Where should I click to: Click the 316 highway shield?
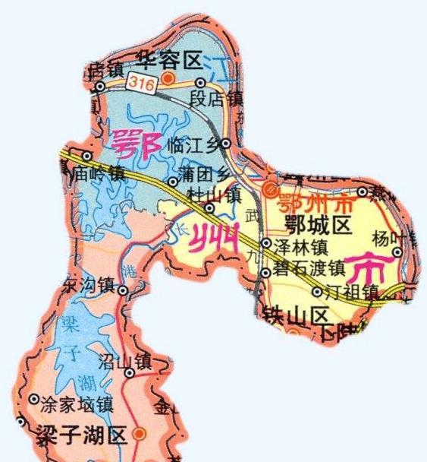click(x=142, y=82)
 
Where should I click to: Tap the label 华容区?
click(x=168, y=59)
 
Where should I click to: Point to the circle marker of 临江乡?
click(x=226, y=142)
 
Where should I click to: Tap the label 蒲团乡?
click(x=202, y=175)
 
